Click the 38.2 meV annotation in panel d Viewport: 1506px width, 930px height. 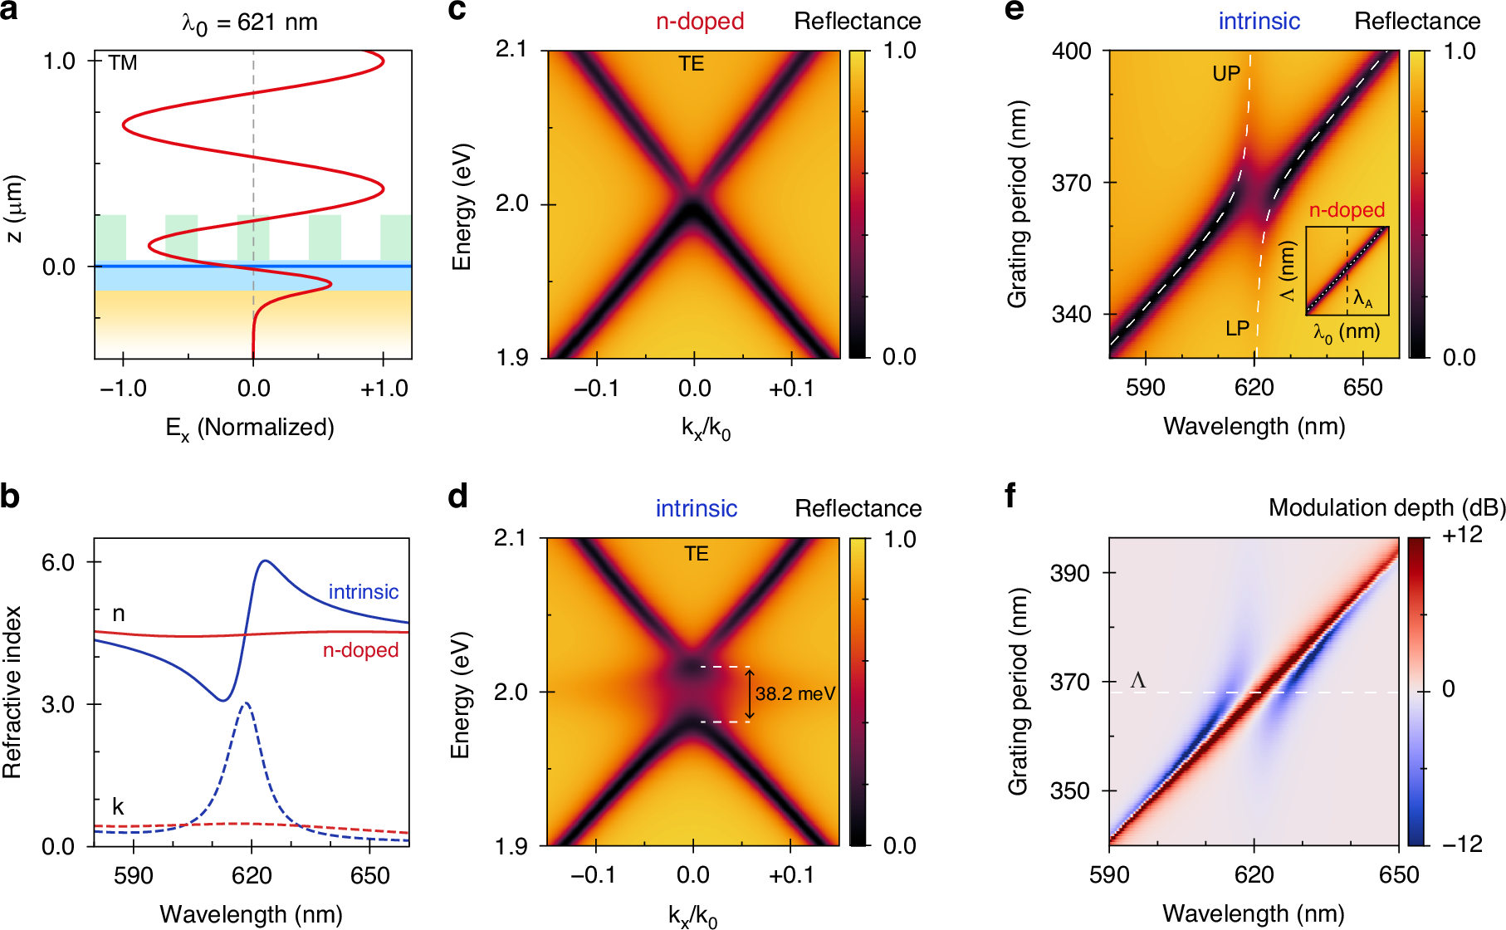coord(795,694)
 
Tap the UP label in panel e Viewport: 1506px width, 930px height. coord(1226,74)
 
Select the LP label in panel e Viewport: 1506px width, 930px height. coord(1237,329)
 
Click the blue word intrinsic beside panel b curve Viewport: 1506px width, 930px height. coord(363,592)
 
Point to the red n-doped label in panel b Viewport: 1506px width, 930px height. coord(360,650)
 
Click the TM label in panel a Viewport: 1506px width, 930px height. coord(123,63)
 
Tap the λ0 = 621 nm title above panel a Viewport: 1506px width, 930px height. coord(250,22)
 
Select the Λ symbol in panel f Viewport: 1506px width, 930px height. coord(1138,681)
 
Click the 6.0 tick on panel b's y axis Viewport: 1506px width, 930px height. coord(58,562)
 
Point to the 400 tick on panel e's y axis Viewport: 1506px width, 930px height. coord(1071,51)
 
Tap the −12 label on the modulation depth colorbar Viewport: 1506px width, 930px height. coord(1462,844)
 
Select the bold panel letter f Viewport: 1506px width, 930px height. coord(1010,497)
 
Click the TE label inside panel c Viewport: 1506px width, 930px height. coord(691,64)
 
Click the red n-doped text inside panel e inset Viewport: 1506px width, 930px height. coord(1347,211)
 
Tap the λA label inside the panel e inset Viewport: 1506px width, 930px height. coord(1362,299)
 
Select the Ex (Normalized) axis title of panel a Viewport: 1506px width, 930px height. coord(250,428)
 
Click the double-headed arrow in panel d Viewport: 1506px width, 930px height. coord(750,694)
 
